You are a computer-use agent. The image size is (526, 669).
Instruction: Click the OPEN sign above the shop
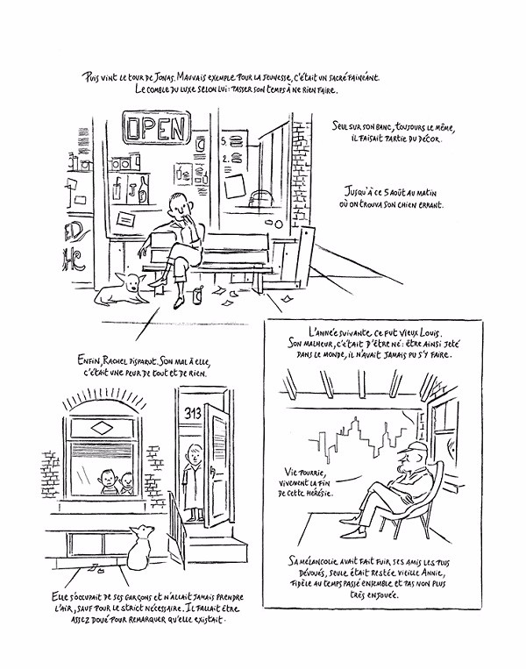pos(157,129)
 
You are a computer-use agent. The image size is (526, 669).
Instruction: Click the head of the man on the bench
pos(179,208)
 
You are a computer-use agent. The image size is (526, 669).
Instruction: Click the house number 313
pos(193,412)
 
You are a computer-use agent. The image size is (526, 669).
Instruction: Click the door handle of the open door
pos(210,468)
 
